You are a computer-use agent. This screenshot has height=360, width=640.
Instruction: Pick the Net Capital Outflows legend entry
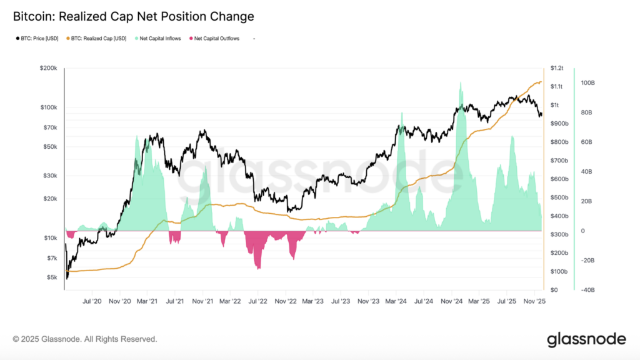tap(215, 39)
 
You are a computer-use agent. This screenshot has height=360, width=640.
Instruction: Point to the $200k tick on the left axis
tap(48, 67)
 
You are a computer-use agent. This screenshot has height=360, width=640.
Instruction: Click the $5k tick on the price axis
tap(51, 277)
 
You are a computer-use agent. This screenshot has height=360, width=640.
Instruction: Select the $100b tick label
tap(558, 271)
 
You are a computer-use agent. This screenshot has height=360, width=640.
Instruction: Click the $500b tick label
tap(558, 197)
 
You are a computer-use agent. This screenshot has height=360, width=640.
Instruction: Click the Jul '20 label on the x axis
tap(92, 301)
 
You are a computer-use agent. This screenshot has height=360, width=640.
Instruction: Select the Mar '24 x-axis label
tap(396, 301)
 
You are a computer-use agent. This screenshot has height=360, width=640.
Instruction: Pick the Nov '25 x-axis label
tap(534, 301)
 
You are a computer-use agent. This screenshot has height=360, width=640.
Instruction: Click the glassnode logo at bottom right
tap(586, 339)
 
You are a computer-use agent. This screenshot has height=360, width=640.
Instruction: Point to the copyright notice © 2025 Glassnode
tap(84, 339)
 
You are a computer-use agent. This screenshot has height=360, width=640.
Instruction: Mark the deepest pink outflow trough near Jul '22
tap(257, 268)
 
